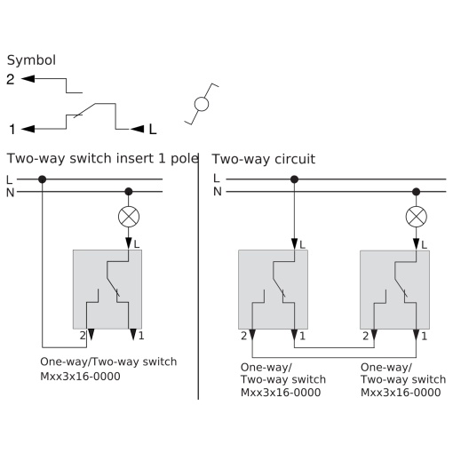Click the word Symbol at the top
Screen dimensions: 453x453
tap(31, 60)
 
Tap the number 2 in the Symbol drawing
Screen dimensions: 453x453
tap(11, 79)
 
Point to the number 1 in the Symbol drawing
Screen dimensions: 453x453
tap(12, 130)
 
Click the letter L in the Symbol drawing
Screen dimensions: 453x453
tap(153, 129)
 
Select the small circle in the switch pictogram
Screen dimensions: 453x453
tap(202, 104)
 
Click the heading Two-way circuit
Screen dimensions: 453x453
tap(264, 159)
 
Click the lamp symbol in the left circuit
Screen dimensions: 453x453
tap(129, 217)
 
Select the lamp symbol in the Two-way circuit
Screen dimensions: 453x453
tap(416, 217)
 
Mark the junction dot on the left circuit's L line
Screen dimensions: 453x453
tap(43, 179)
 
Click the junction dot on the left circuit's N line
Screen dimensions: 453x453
tap(129, 192)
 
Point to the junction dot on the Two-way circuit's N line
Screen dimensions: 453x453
tap(416, 192)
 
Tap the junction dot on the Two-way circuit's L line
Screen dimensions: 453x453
tap(294, 179)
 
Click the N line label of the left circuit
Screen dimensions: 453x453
tap(10, 193)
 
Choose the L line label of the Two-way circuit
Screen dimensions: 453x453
tap(217, 179)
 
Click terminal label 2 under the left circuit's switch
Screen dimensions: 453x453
tap(83, 336)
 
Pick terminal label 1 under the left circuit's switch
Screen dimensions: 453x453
tap(141, 336)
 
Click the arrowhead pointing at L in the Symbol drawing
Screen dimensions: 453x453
tap(137, 129)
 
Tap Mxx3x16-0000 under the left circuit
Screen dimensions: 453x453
tap(80, 377)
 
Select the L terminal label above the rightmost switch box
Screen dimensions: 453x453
tap(424, 245)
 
